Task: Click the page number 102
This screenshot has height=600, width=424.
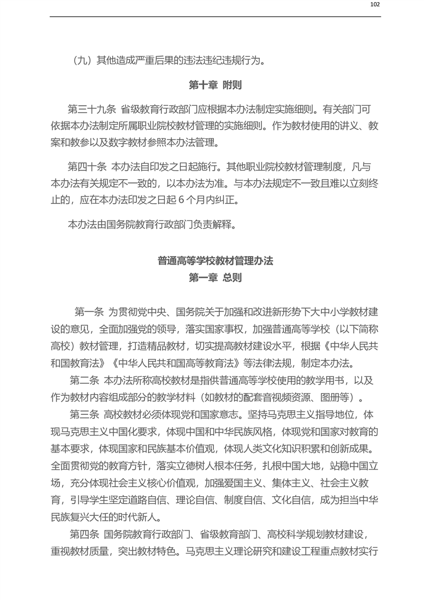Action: click(x=374, y=5)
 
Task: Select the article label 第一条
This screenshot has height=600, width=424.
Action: click(x=92, y=312)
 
